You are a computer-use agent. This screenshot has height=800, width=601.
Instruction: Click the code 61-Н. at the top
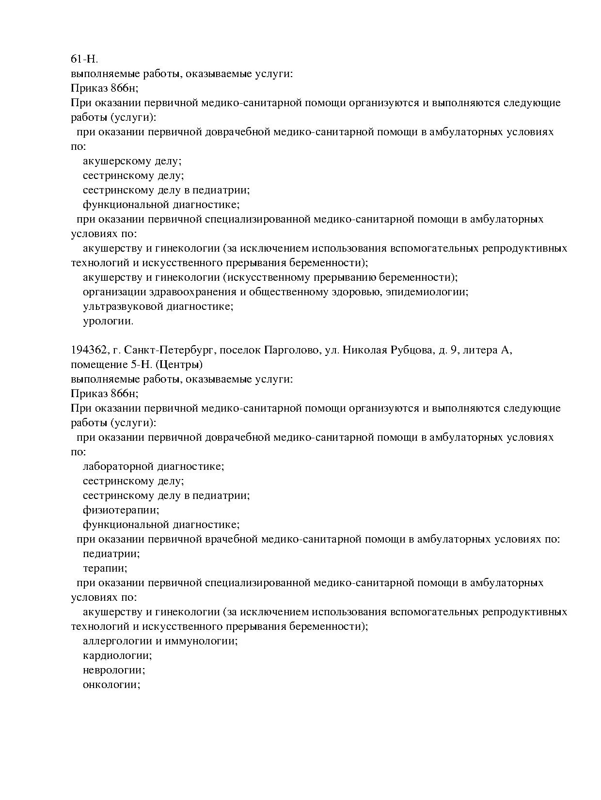point(84,59)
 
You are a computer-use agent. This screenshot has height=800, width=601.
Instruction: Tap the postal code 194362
point(88,350)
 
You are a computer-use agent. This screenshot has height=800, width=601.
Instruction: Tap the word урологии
point(108,321)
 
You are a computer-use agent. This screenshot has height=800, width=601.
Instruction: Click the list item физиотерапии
point(121,510)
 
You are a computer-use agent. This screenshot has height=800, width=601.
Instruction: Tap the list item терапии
point(105,568)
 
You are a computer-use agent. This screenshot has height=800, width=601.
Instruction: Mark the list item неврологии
point(114,670)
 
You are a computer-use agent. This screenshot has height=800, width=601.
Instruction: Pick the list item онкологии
point(111,685)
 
